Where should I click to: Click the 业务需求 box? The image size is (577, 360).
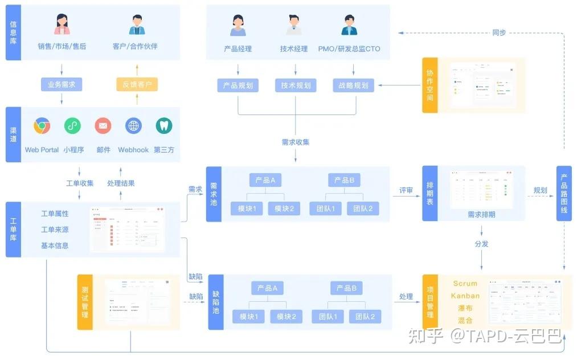click(62, 85)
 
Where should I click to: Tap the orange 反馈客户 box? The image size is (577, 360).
click(137, 85)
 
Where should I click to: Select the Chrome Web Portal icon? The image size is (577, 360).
click(42, 126)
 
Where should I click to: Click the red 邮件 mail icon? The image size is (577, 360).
click(103, 126)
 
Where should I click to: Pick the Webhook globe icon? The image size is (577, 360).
click(133, 126)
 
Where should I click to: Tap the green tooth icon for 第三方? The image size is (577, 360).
click(164, 126)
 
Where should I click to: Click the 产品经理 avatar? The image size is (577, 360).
click(238, 25)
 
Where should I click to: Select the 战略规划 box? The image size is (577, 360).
click(353, 86)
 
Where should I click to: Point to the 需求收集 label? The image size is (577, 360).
click(296, 142)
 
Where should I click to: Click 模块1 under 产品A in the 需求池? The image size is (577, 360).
click(246, 209)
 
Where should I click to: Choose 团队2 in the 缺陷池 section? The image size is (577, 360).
click(365, 317)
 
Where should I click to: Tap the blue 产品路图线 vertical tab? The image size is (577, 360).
click(564, 194)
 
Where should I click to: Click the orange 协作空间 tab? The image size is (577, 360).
click(429, 85)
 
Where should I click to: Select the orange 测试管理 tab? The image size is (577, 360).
click(85, 302)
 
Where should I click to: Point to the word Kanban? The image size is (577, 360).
click(465, 296)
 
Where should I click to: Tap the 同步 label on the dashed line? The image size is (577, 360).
click(499, 32)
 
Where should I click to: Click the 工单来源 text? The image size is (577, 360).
click(55, 230)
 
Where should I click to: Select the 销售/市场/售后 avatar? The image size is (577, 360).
click(62, 25)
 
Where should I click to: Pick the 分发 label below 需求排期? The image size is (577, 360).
click(481, 244)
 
